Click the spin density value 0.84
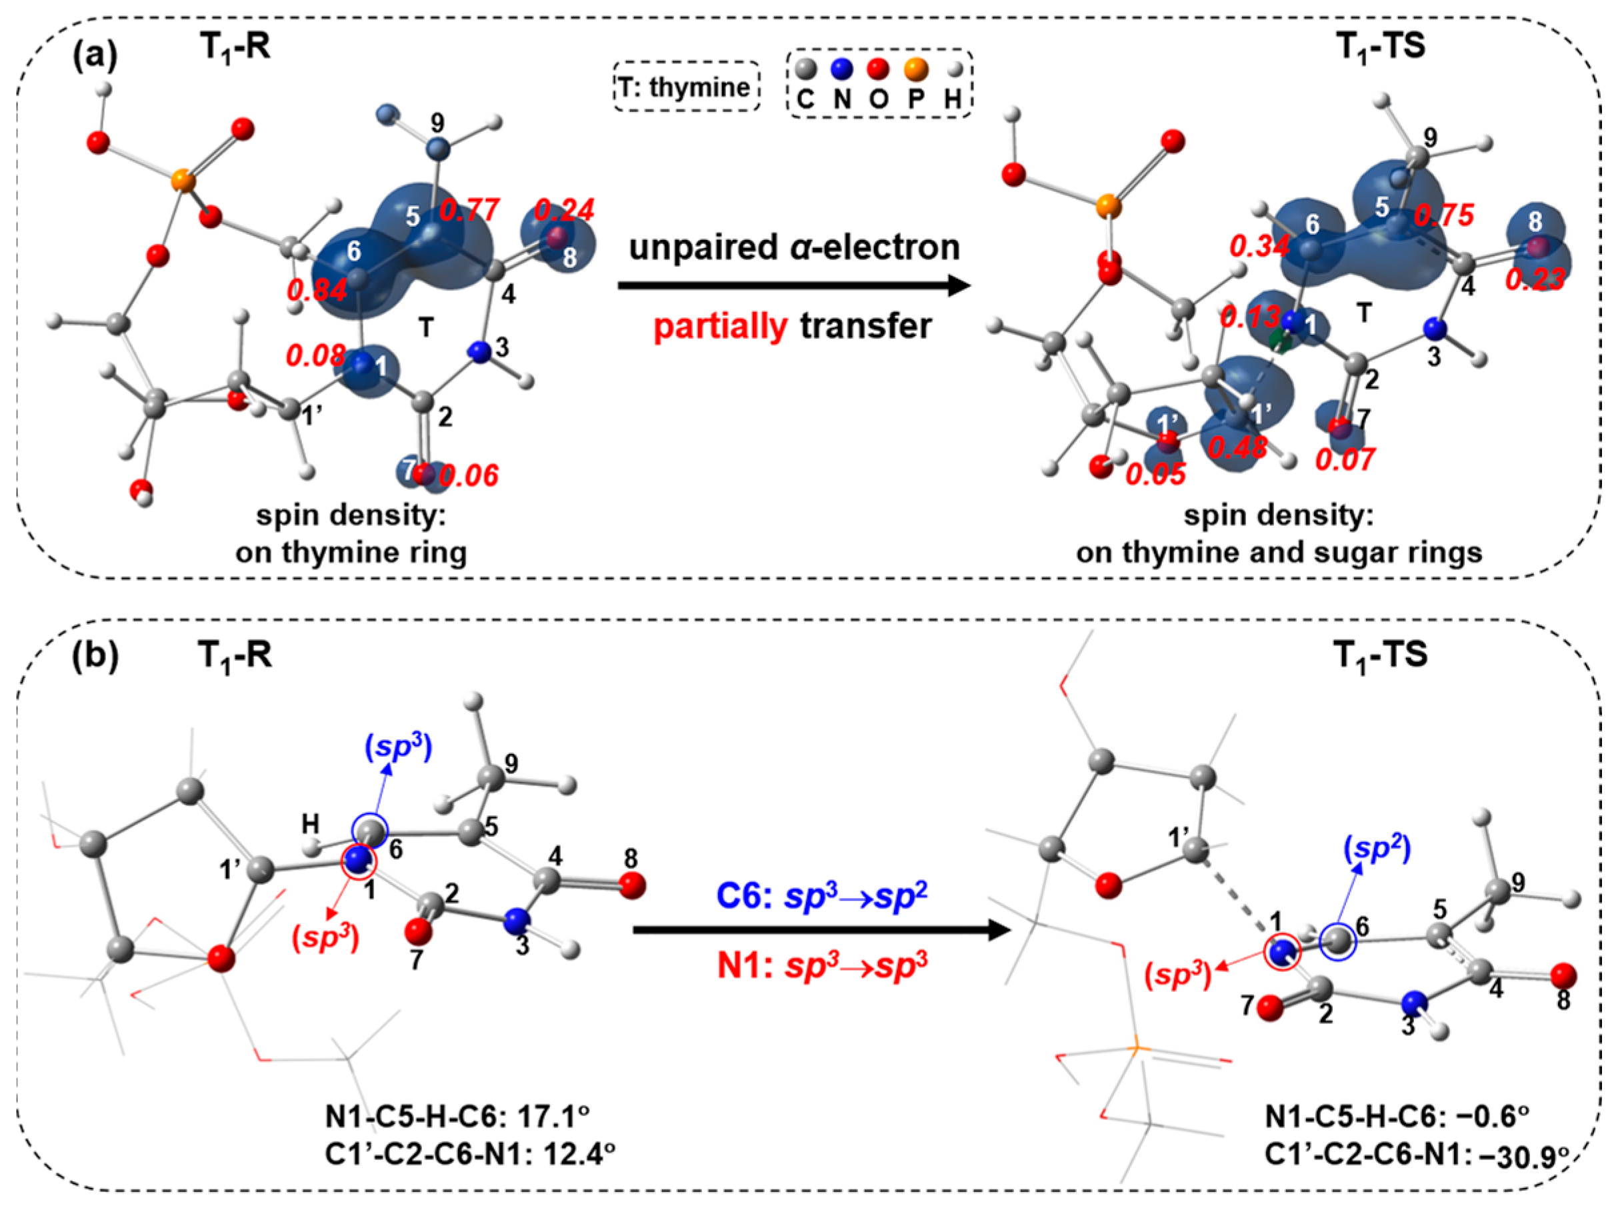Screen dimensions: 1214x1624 pyautogui.click(x=317, y=290)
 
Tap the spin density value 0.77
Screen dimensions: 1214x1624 pyautogui.click(x=470, y=211)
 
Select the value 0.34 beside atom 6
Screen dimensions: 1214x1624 pyautogui.click(x=1260, y=247)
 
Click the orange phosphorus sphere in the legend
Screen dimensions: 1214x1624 pyautogui.click(x=915, y=70)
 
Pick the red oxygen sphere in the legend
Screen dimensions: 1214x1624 pyautogui.click(x=878, y=70)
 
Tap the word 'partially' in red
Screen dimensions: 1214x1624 pyautogui.click(x=720, y=326)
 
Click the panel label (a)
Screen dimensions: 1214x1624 pyautogui.click(x=95, y=56)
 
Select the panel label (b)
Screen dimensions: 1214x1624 pyautogui.click(x=95, y=655)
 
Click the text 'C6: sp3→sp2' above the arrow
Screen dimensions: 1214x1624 pyautogui.click(x=821, y=896)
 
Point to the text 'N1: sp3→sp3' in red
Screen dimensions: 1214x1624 pyautogui.click(x=821, y=965)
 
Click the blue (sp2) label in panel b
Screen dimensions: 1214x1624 pyautogui.click(x=1377, y=849)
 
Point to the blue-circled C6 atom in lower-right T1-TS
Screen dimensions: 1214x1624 pyautogui.click(x=1338, y=940)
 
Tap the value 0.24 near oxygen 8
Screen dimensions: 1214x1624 pyautogui.click(x=564, y=211)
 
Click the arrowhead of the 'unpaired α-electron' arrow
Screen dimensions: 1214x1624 pyautogui.click(x=957, y=285)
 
